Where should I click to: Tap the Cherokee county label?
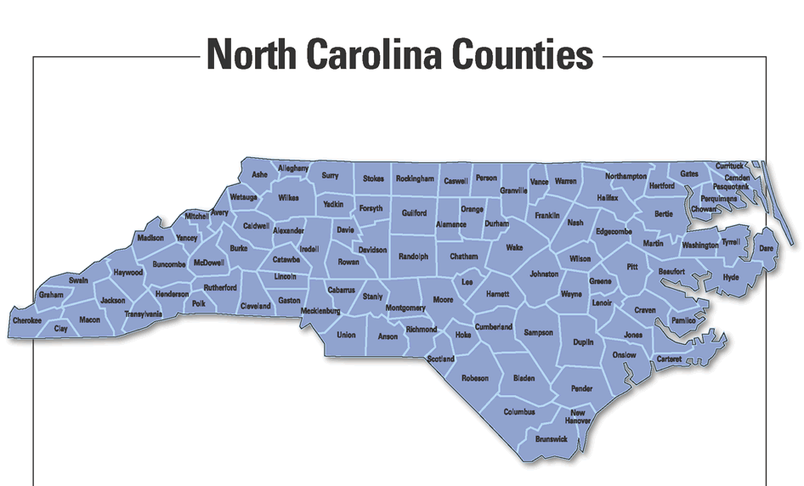coord(26,320)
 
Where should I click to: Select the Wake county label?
coord(514,247)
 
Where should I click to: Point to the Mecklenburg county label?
coord(320,311)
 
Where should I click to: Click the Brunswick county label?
coord(552,439)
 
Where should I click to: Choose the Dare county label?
coord(766,248)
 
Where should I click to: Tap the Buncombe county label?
coord(169,264)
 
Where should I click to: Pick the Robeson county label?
coord(475,377)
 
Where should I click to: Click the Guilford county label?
coord(415,213)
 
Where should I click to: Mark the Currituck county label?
coord(729,166)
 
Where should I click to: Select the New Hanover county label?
coord(578,417)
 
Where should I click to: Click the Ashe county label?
coord(260,175)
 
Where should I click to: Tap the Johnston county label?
coord(544,274)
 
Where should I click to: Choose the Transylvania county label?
coord(143,314)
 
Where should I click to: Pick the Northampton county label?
coord(626,177)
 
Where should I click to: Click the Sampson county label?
coord(539,332)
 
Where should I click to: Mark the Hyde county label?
coord(731,277)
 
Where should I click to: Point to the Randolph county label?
coord(414,256)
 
